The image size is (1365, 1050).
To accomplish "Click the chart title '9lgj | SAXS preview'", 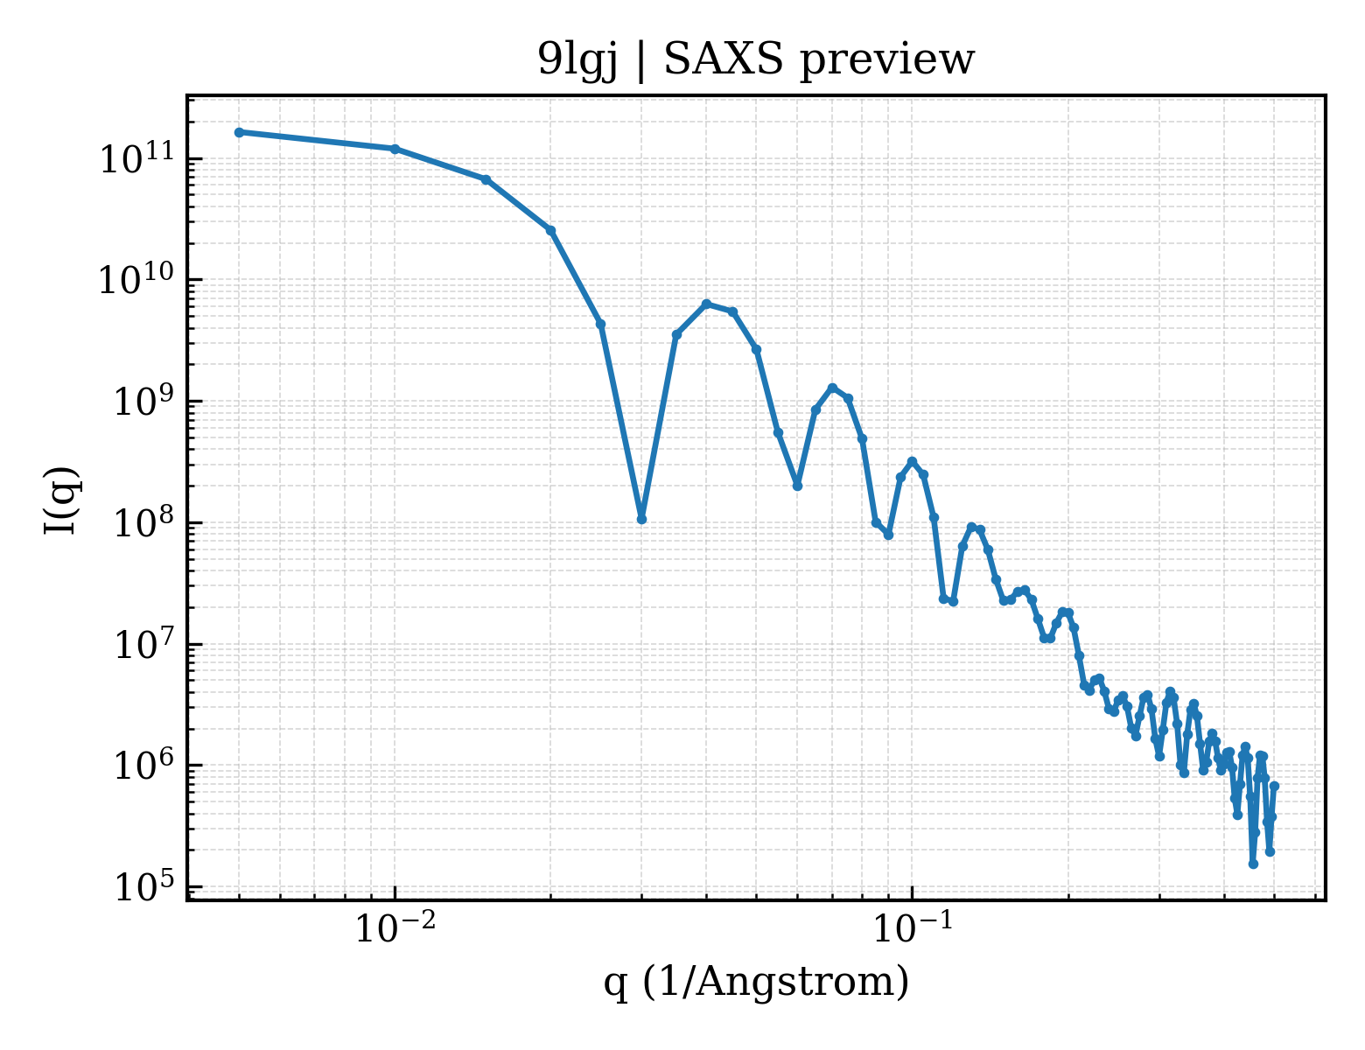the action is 756,61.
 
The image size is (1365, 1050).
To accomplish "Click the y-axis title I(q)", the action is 60,500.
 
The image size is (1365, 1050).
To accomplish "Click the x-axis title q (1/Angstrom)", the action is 756,982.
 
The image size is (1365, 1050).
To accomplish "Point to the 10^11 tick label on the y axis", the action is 137,158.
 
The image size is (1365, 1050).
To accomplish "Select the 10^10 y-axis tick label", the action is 137,279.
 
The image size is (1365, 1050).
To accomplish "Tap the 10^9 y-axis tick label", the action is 143,401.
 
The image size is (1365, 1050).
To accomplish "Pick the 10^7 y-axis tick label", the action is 143,644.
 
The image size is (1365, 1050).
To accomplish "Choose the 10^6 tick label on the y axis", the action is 143,765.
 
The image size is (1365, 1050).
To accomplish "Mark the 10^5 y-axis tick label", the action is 143,886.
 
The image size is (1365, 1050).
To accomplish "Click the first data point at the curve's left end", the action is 240,132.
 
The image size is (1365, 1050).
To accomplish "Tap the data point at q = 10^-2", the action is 395,149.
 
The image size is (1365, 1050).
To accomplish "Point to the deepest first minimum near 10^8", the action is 641,520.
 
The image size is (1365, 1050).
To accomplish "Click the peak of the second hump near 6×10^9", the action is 706,304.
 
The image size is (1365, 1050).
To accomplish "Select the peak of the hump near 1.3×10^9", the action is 833,388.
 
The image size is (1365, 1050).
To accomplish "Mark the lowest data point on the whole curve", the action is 1253,864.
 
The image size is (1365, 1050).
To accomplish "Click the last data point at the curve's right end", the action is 1275,786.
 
